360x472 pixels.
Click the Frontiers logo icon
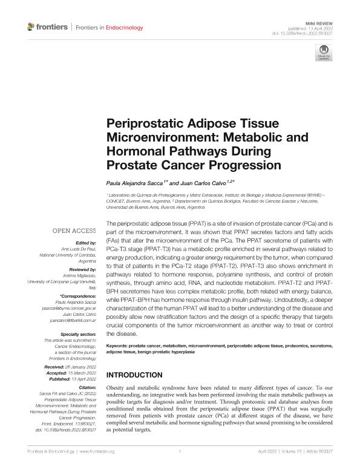point(32,27)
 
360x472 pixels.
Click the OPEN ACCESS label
point(74,231)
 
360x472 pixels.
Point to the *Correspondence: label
point(78,295)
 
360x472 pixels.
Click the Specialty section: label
point(79,334)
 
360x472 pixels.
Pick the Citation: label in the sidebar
point(87,386)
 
